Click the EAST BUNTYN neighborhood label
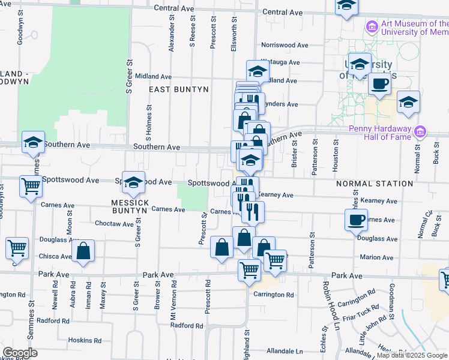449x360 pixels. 179,89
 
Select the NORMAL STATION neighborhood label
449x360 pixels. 375,184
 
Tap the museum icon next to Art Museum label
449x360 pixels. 372,27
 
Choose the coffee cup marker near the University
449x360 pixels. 379,84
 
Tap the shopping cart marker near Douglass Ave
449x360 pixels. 17,247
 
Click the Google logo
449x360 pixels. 19,353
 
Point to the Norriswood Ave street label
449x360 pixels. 280,45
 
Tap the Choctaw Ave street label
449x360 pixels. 115,224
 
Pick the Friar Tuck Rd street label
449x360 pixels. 363,313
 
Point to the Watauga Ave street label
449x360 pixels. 280,62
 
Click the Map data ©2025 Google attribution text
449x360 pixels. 411,355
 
